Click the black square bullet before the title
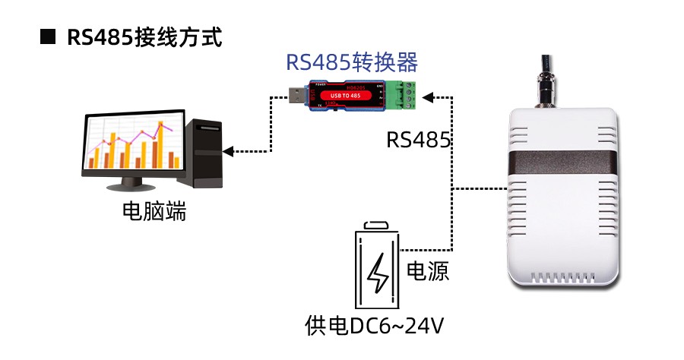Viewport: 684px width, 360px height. (x=48, y=36)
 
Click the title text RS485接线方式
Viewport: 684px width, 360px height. (x=144, y=37)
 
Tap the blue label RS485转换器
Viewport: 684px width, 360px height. (x=351, y=62)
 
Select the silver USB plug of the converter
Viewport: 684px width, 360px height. (x=297, y=95)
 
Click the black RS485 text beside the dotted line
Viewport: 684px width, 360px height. (x=419, y=140)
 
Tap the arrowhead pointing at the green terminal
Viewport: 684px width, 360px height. (x=427, y=96)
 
